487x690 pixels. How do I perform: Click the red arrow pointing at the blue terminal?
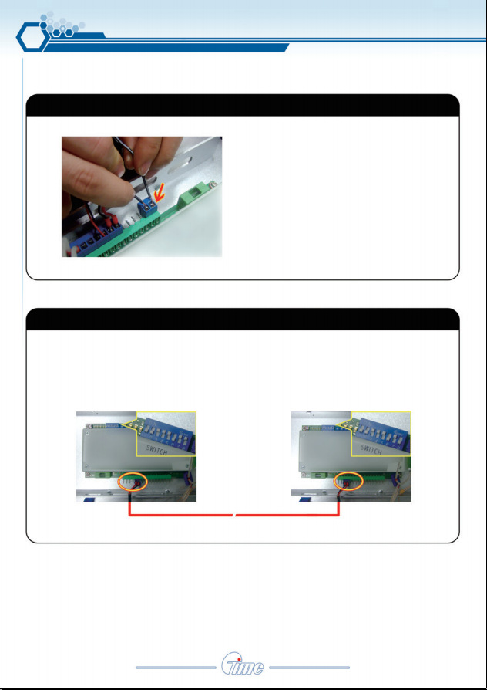161,194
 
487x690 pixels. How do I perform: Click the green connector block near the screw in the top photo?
193,194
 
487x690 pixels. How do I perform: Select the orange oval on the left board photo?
133,482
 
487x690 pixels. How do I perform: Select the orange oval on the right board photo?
348,482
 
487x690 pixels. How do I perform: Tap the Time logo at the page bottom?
243,668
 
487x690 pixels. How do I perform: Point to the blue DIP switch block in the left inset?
167,428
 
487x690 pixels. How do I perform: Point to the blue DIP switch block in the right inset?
382,428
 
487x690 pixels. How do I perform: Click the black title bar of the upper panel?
243,105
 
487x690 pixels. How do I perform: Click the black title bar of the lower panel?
243,319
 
